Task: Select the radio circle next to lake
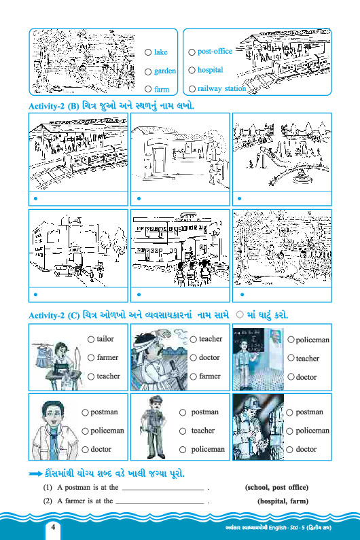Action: point(148,52)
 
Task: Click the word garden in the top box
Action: point(165,71)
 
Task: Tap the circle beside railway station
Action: point(192,89)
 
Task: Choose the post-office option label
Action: point(215,52)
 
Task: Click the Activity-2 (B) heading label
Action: point(54,106)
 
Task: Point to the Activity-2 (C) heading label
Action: point(54,315)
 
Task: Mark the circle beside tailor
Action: point(91,340)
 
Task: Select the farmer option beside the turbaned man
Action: point(210,376)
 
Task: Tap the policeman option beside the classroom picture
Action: point(312,340)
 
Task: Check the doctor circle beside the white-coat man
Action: point(86,450)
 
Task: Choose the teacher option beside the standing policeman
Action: point(203,431)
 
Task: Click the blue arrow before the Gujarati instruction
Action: point(36,474)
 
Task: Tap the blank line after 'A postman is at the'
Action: point(163,489)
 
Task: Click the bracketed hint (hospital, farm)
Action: point(283,501)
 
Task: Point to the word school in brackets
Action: point(257,487)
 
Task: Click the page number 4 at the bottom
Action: point(53,527)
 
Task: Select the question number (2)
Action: point(48,501)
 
